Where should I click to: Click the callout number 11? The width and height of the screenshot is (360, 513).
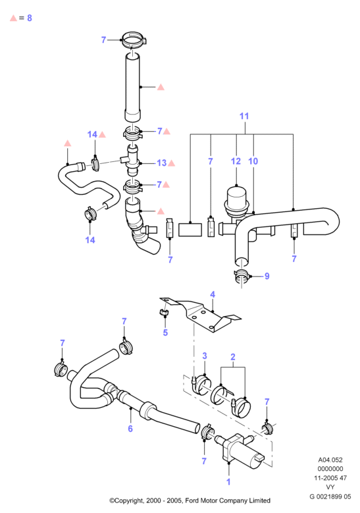244,116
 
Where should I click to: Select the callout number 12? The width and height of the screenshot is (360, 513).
236,161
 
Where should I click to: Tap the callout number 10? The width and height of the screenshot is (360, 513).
253,161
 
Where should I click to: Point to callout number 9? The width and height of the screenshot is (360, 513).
267,276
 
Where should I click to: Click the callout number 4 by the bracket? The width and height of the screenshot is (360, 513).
213,294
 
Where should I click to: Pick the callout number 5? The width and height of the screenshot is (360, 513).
165,333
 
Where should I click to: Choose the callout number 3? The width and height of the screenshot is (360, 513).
205,356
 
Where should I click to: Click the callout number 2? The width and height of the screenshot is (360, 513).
233,357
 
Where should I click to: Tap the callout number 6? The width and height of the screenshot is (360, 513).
130,429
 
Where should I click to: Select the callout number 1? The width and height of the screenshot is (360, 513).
228,482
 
